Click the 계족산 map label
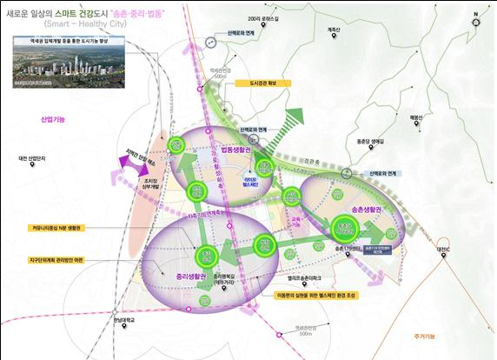coord(333,30)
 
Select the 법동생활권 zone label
coord(235,149)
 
